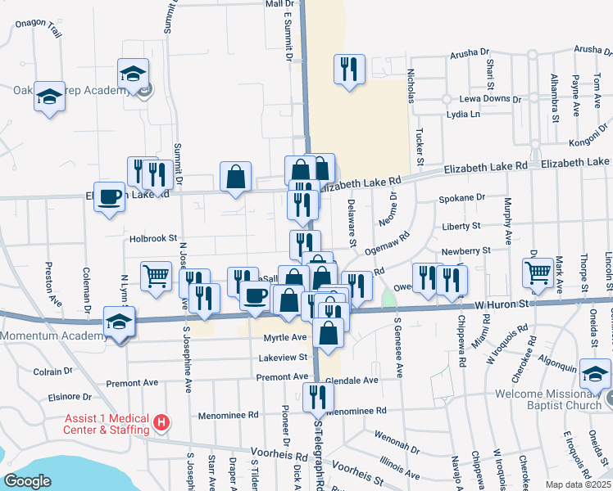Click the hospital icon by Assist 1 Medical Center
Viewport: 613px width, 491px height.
[161, 423]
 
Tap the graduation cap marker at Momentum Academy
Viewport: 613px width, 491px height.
[119, 322]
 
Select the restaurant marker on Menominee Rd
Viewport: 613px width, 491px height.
[317, 397]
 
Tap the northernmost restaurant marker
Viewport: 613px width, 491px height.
[349, 69]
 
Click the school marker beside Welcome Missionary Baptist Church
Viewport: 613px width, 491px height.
[595, 375]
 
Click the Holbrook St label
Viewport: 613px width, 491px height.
[153, 239]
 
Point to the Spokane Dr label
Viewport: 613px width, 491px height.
[462, 198]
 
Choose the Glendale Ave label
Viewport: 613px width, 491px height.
[352, 381]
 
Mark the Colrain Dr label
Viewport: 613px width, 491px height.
[54, 372]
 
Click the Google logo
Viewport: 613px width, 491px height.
[28, 480]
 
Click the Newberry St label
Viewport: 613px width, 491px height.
[465, 250]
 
